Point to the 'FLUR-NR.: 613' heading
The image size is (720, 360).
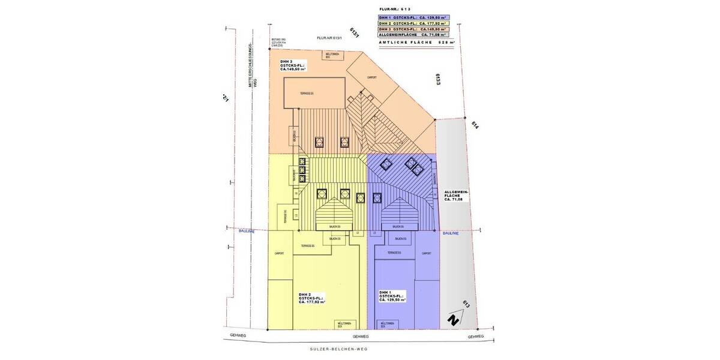[395, 10]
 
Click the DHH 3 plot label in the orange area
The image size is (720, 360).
[292, 65]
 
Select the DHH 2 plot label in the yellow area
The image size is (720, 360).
[311, 298]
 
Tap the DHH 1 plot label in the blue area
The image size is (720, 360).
[392, 296]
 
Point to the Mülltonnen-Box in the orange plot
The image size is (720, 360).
[334, 55]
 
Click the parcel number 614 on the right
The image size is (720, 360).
[475, 125]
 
